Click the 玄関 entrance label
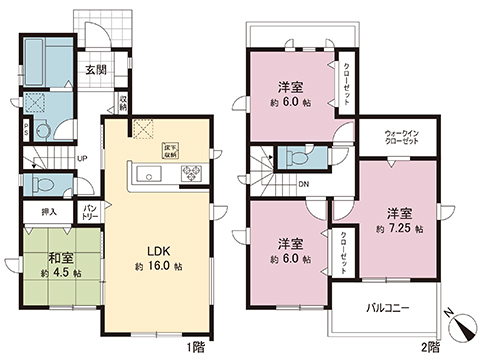point(96,70)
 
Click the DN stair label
point(303,183)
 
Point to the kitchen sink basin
point(151,176)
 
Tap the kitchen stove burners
point(189,175)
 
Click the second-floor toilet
point(296,157)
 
